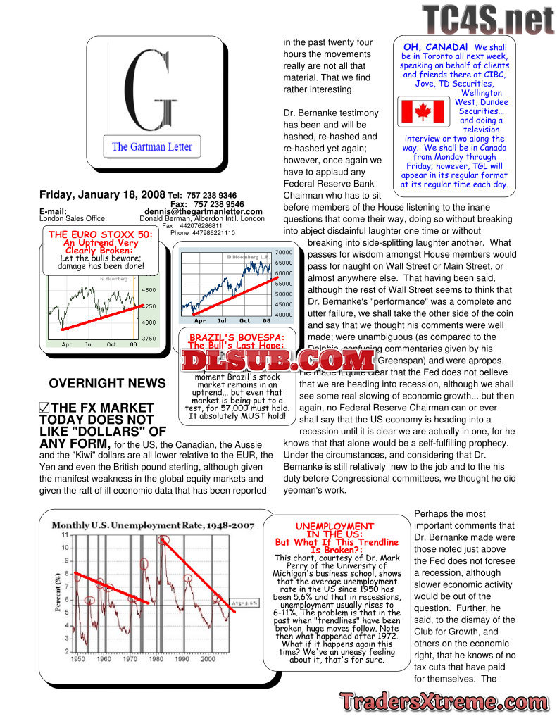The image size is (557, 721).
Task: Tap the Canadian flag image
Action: point(422,113)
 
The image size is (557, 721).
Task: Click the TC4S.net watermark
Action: point(488,19)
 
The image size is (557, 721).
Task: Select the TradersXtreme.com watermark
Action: point(442,701)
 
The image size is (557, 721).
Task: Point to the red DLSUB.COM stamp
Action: point(279,361)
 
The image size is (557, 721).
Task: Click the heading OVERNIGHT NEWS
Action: point(107,384)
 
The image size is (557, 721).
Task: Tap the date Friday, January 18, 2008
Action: point(103,195)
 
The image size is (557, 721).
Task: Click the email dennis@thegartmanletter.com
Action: point(204,211)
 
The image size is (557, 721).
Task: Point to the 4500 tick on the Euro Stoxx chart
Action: point(149,289)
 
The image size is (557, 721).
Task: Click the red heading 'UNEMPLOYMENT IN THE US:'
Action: point(334,530)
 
